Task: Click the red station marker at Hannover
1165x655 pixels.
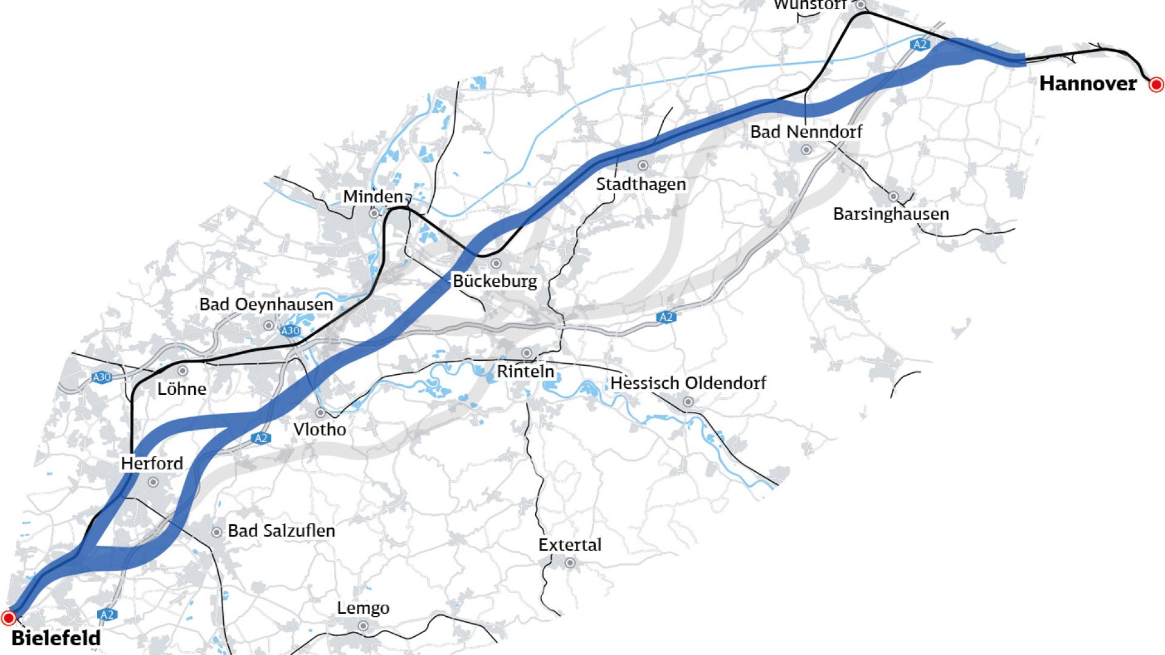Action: pyautogui.click(x=1157, y=85)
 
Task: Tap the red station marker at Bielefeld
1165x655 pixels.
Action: pyautogui.click(x=8, y=618)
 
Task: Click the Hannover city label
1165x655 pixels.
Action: pyautogui.click(x=1087, y=84)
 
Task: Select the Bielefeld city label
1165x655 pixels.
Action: pyautogui.click(x=56, y=638)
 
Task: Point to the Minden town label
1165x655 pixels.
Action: pyautogui.click(x=373, y=196)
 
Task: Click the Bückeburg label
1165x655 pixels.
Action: pyautogui.click(x=495, y=281)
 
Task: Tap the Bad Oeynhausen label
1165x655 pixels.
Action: pyautogui.click(x=266, y=304)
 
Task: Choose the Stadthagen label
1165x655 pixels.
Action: pyautogui.click(x=641, y=184)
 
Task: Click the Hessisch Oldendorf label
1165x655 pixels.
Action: pyautogui.click(x=687, y=383)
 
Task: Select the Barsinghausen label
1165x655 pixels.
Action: pyautogui.click(x=891, y=214)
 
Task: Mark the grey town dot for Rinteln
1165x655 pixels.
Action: pyautogui.click(x=527, y=353)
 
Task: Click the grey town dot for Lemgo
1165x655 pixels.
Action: pyautogui.click(x=363, y=626)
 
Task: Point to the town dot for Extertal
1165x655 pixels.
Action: pyautogui.click(x=570, y=563)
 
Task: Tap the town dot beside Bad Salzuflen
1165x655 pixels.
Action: pyautogui.click(x=216, y=532)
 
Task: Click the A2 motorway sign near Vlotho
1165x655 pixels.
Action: pyautogui.click(x=261, y=438)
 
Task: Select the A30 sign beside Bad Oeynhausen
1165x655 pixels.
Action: pyautogui.click(x=291, y=331)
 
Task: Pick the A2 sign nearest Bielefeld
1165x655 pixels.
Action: pyautogui.click(x=107, y=615)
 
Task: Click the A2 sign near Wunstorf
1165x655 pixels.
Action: pyautogui.click(x=920, y=44)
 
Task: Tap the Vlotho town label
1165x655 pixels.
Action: pyautogui.click(x=320, y=429)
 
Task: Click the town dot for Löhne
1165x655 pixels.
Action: pyautogui.click(x=182, y=371)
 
